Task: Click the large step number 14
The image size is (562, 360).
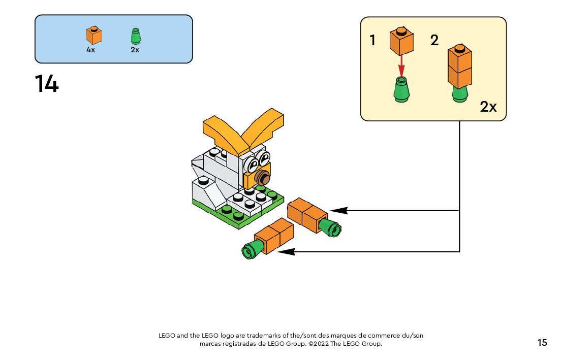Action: click(47, 84)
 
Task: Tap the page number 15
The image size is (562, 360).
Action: click(542, 343)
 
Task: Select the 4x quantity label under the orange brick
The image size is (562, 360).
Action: click(90, 50)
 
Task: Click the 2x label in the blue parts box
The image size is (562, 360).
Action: click(135, 50)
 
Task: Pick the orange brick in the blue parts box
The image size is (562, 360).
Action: click(94, 35)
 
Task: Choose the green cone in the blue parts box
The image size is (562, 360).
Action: click(136, 36)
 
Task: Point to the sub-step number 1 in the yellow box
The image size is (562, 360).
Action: click(373, 40)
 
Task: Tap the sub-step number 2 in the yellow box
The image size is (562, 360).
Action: click(434, 40)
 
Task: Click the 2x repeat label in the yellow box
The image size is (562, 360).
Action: click(488, 107)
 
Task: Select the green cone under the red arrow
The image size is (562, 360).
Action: click(401, 89)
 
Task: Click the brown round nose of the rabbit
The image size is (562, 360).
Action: click(263, 177)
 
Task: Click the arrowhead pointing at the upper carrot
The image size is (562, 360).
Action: click(338, 211)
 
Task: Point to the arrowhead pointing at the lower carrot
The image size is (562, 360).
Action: click(286, 252)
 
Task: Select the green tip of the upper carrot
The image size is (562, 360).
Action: click(330, 227)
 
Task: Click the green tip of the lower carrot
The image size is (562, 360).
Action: click(253, 249)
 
